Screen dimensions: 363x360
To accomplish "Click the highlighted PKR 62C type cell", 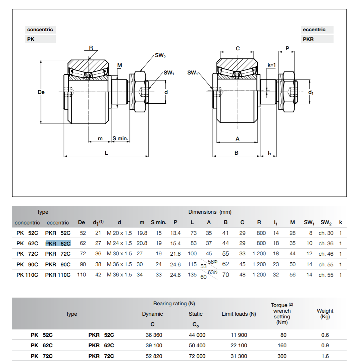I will pos(58,243).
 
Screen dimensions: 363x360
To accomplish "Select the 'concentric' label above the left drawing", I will pos(40,30).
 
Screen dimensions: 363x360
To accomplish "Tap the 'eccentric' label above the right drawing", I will pos(314,30).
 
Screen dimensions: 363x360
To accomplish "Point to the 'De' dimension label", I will pos(41,92).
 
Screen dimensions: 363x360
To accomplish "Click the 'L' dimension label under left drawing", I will pos(106,153).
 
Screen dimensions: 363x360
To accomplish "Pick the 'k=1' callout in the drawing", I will pos(271,65).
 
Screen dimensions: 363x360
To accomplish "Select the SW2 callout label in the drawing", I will pos(160,56).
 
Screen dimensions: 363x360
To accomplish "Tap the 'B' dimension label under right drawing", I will pos(236,153).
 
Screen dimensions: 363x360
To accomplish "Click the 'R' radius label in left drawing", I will pos(91,48).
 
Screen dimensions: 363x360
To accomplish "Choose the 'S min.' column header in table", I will pos(158,222).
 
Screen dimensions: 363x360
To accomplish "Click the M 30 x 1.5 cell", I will pos(119,254).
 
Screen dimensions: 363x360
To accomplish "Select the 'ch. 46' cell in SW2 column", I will pos(326,254).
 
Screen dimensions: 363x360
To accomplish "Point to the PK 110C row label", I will pos(27,275).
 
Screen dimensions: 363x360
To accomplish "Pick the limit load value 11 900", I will pos(239,335).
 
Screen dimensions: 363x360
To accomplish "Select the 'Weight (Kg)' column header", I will pos(325,314).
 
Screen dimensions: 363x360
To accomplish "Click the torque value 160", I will pos(282,346).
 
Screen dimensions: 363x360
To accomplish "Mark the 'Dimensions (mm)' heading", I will pos(210,212).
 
